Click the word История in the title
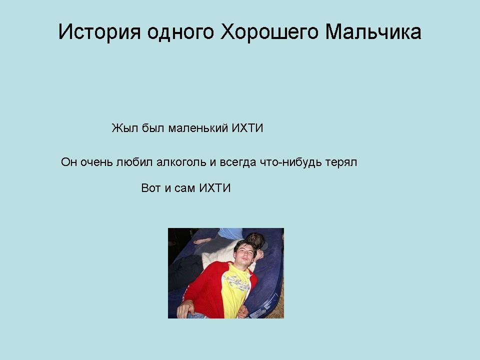coord(99,32)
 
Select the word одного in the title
coord(180,32)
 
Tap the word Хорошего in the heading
coord(269,32)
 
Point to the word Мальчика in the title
coord(373,31)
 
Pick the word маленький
coord(198,128)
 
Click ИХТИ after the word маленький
coord(247,128)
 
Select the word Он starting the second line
coord(69,162)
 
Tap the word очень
coord(96,162)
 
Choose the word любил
coord(134,162)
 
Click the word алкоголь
coord(181,162)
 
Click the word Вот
coord(151,188)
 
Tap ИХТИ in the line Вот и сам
coord(215,188)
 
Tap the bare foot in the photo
coord(202,240)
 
